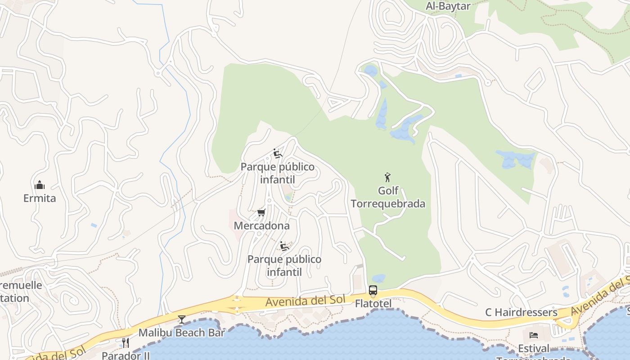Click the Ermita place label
click(40, 198)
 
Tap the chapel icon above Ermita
click(40, 185)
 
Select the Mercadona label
click(261, 225)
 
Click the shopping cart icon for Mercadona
click(261, 212)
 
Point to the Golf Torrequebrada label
click(387, 197)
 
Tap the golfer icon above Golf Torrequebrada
click(387, 177)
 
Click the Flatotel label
click(373, 304)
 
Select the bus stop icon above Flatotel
click(373, 290)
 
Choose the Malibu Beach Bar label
click(181, 333)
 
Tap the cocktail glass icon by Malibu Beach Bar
click(181, 319)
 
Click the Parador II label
click(126, 355)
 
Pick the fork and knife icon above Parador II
click(126, 343)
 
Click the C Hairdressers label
click(521, 312)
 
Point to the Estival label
click(534, 348)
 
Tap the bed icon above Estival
click(534, 335)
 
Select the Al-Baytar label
click(448, 6)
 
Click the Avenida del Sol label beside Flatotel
click(305, 300)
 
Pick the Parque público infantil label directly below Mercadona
click(284, 265)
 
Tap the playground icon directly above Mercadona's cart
click(278, 154)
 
